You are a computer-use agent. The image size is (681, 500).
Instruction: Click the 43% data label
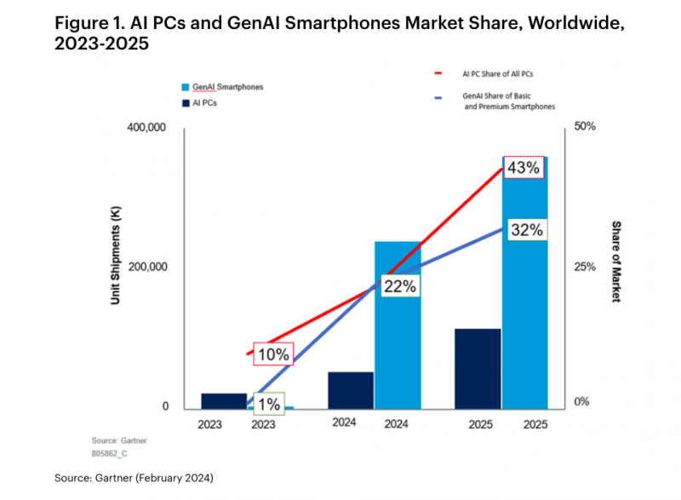(523, 168)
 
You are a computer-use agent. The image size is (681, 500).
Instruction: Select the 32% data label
(527, 230)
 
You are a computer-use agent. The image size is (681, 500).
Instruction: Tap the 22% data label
(398, 287)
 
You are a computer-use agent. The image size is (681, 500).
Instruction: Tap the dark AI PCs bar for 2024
(351, 389)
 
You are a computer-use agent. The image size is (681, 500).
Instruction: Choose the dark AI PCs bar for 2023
(224, 400)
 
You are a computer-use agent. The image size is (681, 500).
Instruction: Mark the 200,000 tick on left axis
(146, 267)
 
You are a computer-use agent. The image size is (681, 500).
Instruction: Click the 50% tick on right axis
(586, 126)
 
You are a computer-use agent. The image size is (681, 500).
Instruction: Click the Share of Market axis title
(616, 261)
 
